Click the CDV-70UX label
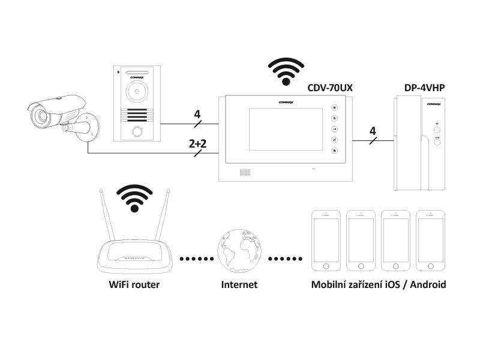click(x=329, y=88)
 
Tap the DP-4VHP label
click(x=425, y=88)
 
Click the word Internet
click(x=239, y=284)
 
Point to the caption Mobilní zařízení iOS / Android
click(x=378, y=284)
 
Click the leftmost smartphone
click(x=326, y=241)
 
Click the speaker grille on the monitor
click(x=245, y=172)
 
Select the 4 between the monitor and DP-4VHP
click(x=373, y=131)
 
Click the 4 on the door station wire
click(x=197, y=114)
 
